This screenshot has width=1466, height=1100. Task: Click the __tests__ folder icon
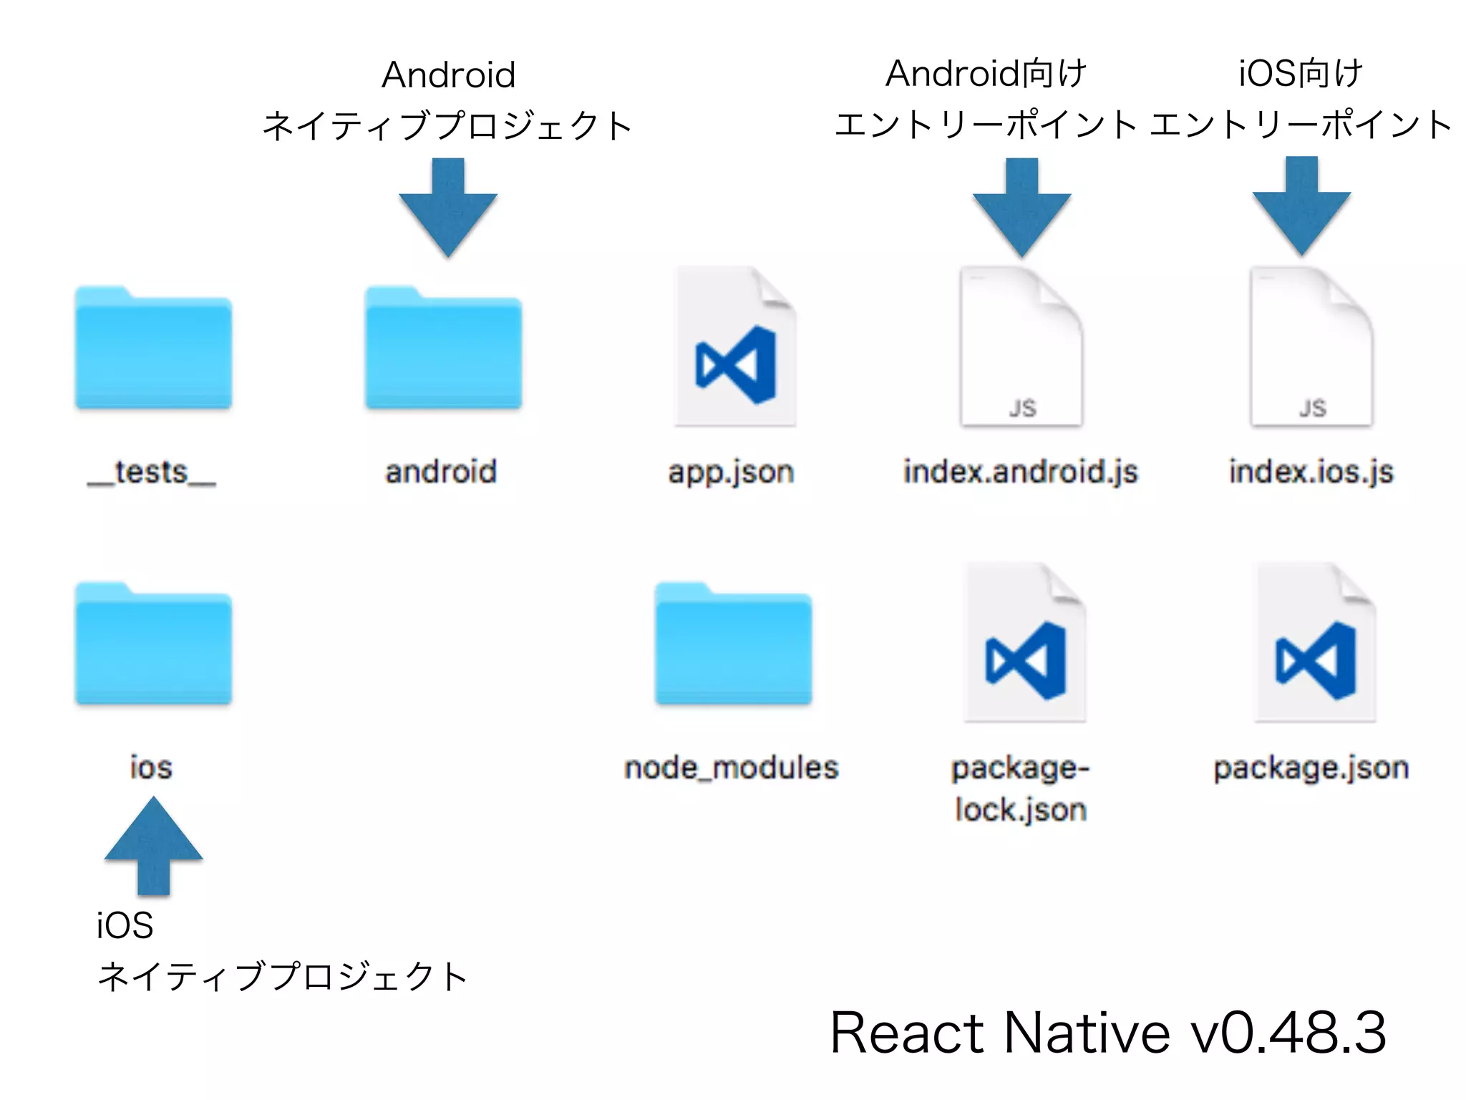coord(153,349)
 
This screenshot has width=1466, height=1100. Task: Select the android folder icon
coord(443,349)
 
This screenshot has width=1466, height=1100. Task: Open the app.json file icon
coord(734,347)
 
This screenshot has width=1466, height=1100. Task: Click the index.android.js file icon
coord(1021,347)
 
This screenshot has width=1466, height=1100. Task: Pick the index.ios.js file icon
coord(1311,347)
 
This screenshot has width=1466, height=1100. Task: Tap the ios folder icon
coord(153,645)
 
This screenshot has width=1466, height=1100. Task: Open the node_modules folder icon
coord(733,645)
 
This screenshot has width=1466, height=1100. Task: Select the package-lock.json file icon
coord(1024,643)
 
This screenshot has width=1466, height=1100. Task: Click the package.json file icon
coord(1315,643)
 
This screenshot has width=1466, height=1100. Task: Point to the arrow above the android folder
coord(448,208)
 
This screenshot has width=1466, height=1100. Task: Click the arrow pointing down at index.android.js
coord(1021,208)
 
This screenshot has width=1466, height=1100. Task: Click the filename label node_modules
coord(731,768)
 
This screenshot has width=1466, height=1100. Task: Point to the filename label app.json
coord(731,473)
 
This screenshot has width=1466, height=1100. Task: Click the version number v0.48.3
coord(1288,1033)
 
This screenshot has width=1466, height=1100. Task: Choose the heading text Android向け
coord(986,74)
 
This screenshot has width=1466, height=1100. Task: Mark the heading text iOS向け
coord(1301,74)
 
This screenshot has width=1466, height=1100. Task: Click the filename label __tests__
coord(152,473)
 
